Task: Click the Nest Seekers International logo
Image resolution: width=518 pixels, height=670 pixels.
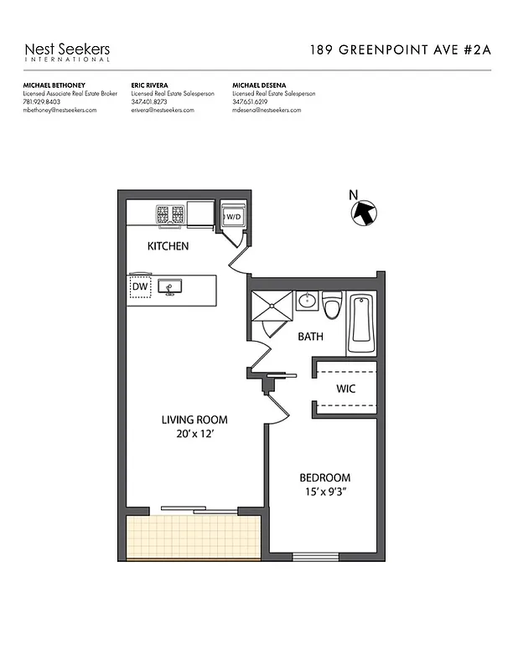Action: [67, 52]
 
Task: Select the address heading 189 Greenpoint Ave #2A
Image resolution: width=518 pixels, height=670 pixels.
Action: [401, 49]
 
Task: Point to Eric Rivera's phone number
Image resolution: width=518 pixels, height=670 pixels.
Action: [150, 102]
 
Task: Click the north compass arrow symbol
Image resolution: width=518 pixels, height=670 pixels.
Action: [363, 212]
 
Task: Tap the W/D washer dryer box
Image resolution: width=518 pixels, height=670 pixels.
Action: [232, 217]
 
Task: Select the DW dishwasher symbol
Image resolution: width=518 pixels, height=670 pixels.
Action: [139, 287]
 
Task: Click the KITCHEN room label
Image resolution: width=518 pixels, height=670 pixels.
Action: [168, 246]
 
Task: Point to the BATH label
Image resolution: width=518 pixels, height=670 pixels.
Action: [312, 337]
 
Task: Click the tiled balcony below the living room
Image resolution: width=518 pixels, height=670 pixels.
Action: [194, 535]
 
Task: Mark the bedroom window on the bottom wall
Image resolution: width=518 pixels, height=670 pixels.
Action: [315, 557]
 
